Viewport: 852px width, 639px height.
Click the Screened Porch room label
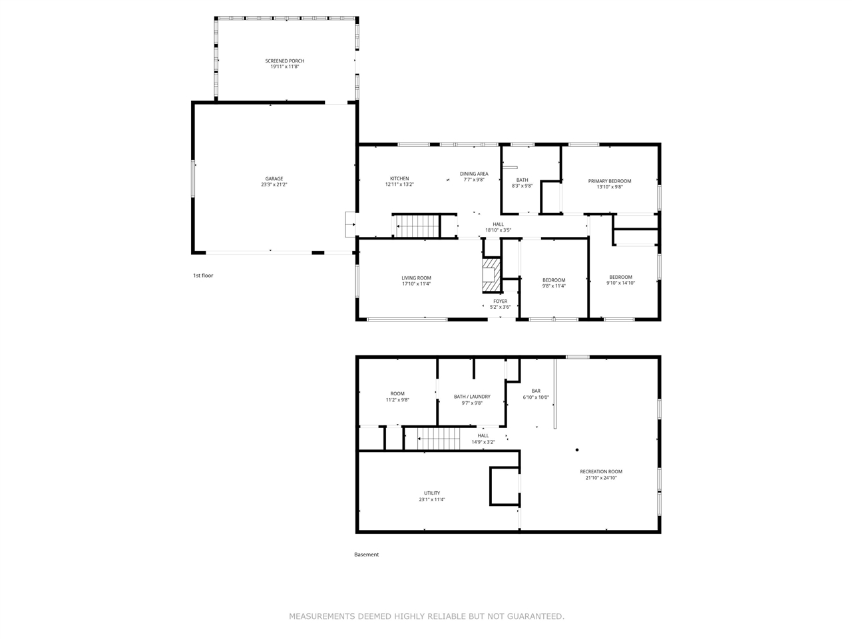coord(284,61)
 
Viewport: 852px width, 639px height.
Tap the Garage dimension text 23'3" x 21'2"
coord(274,185)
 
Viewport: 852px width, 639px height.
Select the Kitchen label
coord(399,178)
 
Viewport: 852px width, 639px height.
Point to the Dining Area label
coord(474,174)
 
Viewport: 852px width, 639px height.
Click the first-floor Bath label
coord(522,180)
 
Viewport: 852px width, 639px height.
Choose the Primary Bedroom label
coord(609,181)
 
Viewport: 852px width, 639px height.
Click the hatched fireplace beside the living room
coord(492,275)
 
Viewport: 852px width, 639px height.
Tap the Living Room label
coord(416,278)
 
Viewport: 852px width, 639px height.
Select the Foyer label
coord(500,301)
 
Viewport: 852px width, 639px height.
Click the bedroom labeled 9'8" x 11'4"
coord(554,283)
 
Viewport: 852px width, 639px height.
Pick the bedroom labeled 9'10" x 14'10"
coord(620,280)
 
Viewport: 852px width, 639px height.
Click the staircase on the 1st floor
coord(417,226)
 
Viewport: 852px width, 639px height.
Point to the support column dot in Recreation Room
coord(577,450)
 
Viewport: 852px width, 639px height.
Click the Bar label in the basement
coord(536,391)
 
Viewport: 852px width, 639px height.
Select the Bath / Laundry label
coord(472,397)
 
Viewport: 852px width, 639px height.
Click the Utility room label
coord(431,493)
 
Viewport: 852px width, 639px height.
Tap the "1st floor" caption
coord(203,275)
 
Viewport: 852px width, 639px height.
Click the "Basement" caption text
coord(366,554)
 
